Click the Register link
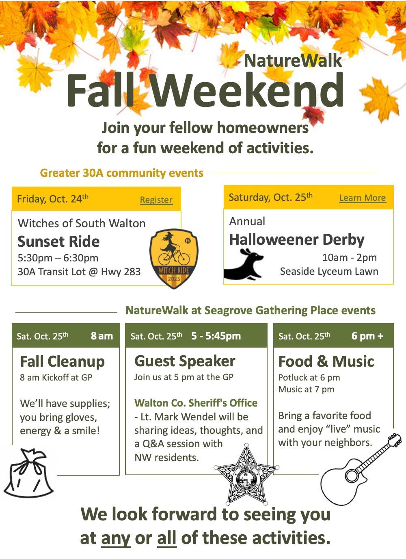pos(156,200)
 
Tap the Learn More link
pos(363,198)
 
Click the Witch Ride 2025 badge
pos(174,258)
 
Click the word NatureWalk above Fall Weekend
pos(293,61)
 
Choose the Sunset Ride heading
pos(58,241)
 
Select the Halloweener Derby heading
pos(297,239)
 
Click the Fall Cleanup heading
pos(62,361)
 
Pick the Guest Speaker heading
pos(185,361)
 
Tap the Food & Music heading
pos(326,361)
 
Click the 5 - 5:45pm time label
pos(216,336)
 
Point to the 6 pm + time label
pos(367,336)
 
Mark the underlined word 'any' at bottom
pos(116,538)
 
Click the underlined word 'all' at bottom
pos(166,538)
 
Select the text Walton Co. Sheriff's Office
pos(196,403)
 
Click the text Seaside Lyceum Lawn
pos(329,271)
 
